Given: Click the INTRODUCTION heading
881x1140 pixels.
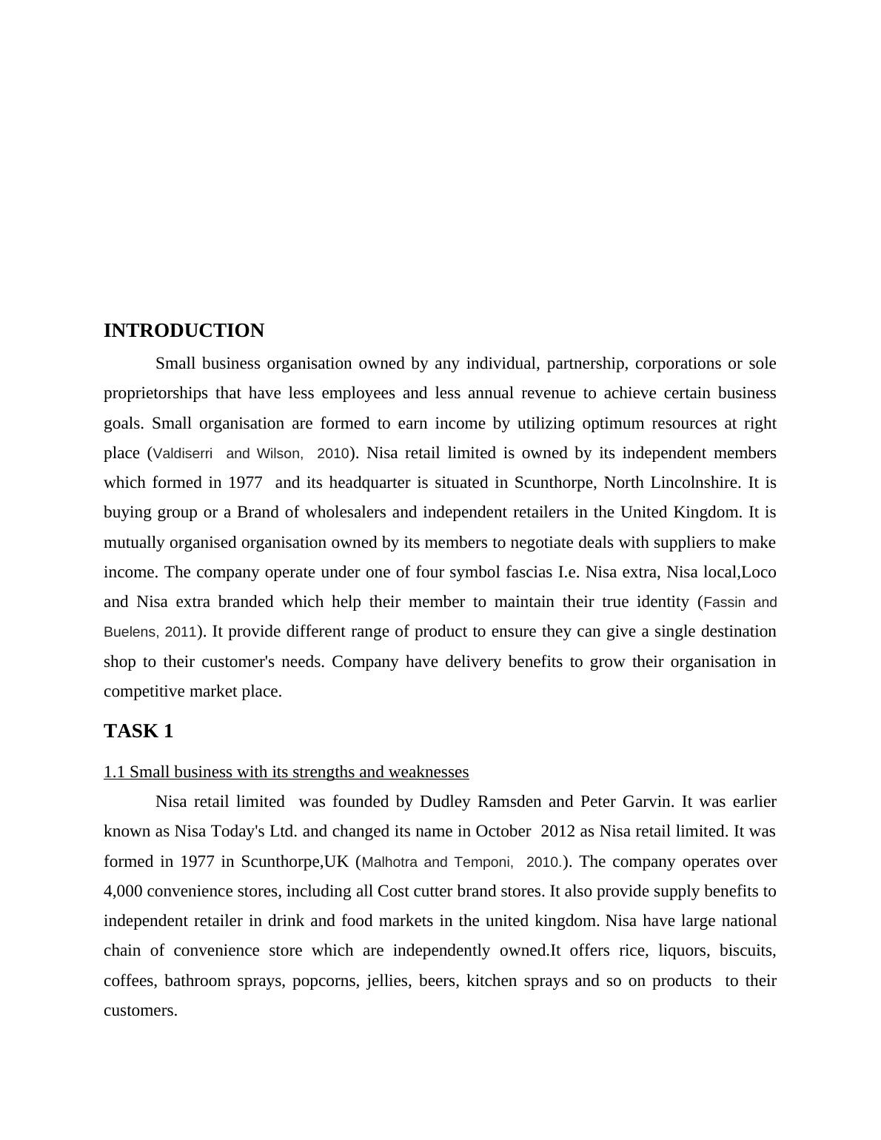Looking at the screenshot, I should click(184, 331).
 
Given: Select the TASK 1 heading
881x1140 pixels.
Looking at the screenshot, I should click(138, 731).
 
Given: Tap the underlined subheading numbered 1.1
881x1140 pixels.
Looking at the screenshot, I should click(286, 772).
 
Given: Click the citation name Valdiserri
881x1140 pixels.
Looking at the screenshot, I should click(183, 453).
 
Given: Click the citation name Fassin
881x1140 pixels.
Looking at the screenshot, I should click(725, 603).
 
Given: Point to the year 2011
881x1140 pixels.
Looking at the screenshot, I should click(181, 632).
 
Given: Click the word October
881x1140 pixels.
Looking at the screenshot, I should click(503, 831).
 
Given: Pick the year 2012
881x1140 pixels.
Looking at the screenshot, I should click(557, 831).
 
